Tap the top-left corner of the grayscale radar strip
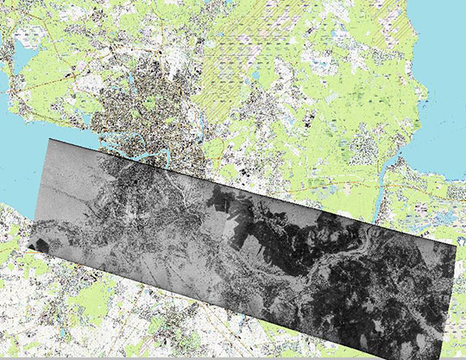50,139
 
